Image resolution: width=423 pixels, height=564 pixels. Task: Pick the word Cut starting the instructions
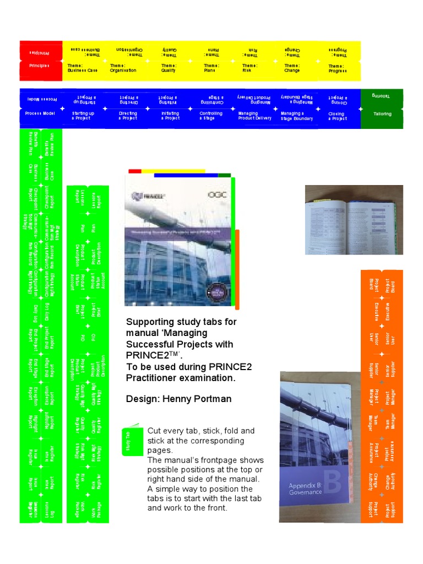154,431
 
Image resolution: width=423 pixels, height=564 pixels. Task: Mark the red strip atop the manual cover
135,171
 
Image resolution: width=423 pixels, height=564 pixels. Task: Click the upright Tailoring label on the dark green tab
383,114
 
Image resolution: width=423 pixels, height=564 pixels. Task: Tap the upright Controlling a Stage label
211,116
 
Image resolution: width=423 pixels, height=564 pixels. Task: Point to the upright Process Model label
40,113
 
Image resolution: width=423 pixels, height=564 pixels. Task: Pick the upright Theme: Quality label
168,68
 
